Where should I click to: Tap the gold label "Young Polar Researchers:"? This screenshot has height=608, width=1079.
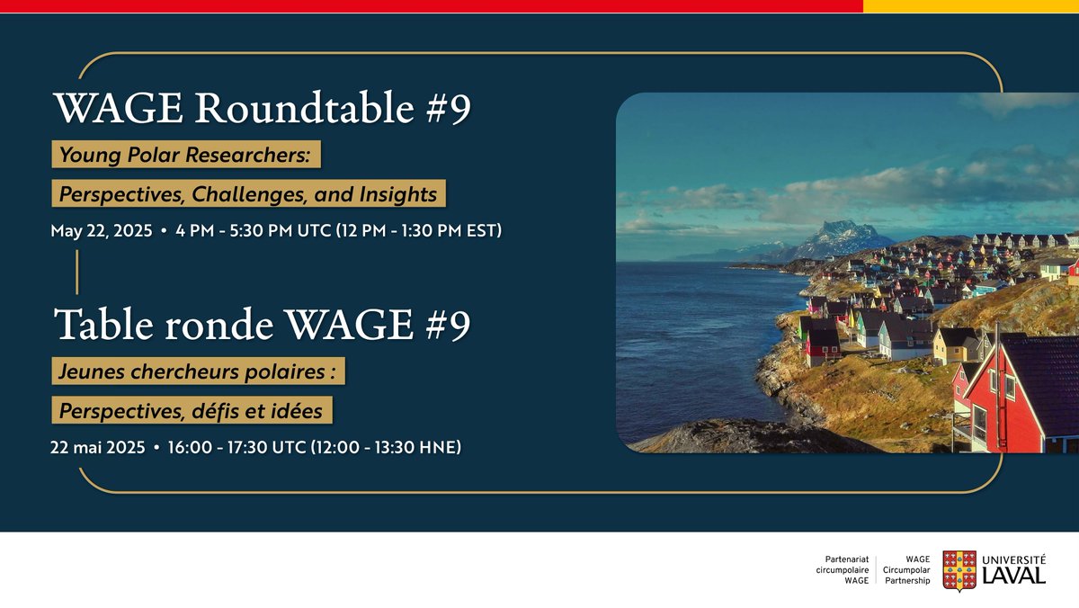[185, 155]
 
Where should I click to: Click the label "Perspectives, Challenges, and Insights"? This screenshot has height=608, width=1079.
[248, 193]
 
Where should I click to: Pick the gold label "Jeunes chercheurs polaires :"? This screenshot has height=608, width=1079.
[198, 371]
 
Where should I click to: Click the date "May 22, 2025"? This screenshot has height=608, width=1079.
[100, 231]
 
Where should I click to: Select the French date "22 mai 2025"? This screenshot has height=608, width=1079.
[98, 447]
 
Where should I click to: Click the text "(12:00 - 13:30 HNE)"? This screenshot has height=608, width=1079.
[386, 447]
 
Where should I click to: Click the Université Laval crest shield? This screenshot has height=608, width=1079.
[959, 570]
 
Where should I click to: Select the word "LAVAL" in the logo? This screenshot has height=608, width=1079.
[1014, 576]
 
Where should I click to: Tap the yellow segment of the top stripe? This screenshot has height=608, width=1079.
[970, 6]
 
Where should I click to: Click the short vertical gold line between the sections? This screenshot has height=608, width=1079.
[77, 272]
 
